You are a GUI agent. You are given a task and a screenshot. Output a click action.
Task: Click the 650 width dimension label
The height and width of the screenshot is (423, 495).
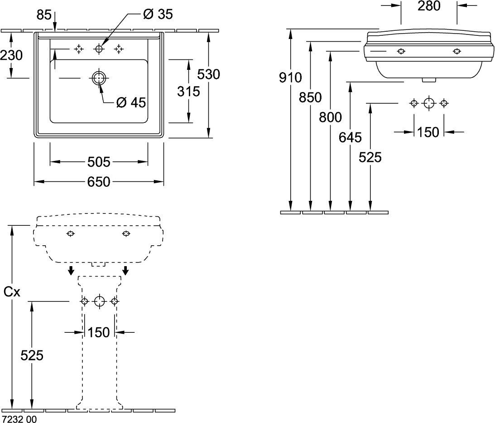99,182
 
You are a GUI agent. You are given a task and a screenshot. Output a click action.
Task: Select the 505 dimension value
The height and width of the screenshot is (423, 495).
99,161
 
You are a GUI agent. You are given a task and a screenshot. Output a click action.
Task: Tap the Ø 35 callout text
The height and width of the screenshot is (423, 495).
158,14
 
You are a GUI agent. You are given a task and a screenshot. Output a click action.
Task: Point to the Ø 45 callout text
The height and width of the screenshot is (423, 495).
131,103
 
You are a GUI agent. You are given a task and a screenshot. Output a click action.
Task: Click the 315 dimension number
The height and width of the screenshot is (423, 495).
188,91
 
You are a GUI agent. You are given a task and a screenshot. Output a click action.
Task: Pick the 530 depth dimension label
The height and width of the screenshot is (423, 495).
209,74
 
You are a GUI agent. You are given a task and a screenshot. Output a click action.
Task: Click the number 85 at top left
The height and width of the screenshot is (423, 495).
43,15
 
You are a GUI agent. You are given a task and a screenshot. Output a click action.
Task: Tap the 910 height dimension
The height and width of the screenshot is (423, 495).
290,78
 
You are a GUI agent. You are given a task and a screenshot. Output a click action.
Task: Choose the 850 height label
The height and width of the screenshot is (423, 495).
310,97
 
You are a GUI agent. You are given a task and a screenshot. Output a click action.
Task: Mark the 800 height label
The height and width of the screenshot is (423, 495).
330,117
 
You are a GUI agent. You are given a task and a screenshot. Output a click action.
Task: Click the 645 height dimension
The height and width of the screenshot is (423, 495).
350,136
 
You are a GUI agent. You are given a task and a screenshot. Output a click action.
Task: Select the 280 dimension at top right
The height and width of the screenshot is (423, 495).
429,6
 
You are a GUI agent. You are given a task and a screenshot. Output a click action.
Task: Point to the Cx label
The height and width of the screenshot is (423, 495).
12,292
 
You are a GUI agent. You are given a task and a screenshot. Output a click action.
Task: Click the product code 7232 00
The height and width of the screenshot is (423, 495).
19,419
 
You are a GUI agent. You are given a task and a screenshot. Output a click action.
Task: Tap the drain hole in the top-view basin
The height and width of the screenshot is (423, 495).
98,78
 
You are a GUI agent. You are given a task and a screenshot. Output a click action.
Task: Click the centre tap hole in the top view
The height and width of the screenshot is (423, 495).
99,49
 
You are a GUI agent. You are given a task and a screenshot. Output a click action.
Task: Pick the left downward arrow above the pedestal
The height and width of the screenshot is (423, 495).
71,271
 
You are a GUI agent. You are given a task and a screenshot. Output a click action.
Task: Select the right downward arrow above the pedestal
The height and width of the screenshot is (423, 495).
125,271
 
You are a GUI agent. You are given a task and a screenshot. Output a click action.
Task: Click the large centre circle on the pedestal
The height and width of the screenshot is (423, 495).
99,301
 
